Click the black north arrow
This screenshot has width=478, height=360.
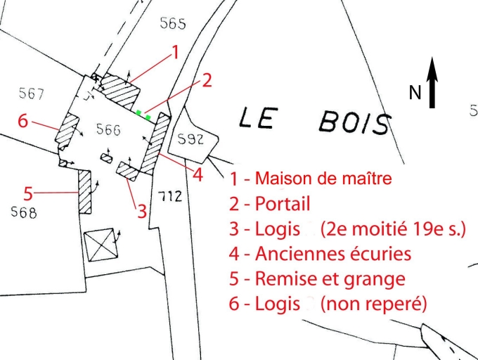tap(432, 83)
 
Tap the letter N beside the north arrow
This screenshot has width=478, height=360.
tap(415, 92)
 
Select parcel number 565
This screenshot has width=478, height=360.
tap(172, 24)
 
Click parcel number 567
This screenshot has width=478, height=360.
tap(32, 94)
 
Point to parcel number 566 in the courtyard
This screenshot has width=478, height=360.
tap(108, 130)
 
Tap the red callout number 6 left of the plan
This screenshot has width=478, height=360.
tap(23, 121)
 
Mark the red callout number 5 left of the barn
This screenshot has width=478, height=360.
tap(28, 191)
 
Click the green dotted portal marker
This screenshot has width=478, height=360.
tap(143, 114)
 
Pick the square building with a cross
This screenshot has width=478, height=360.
tap(98, 245)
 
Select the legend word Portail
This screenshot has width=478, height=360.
tap(281, 204)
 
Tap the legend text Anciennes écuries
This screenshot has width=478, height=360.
tap(333, 252)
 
